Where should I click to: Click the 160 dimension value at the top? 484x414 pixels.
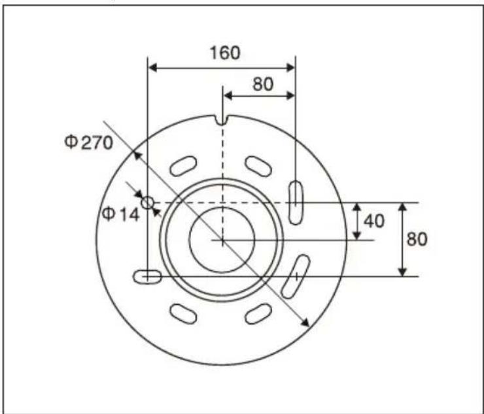click(x=224, y=52)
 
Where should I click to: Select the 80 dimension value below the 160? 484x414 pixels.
click(x=262, y=84)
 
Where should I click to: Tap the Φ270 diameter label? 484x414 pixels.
click(x=89, y=142)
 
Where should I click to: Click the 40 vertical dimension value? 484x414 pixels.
click(x=373, y=221)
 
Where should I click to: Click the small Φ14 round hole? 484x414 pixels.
click(x=148, y=203)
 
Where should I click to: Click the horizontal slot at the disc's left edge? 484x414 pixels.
click(x=148, y=277)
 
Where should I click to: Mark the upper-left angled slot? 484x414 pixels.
click(x=184, y=166)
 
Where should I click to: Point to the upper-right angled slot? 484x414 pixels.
click(x=259, y=166)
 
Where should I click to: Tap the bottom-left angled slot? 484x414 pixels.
click(x=184, y=313)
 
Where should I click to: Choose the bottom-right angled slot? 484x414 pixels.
click(x=259, y=313)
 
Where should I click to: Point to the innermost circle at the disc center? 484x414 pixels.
click(x=222, y=240)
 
